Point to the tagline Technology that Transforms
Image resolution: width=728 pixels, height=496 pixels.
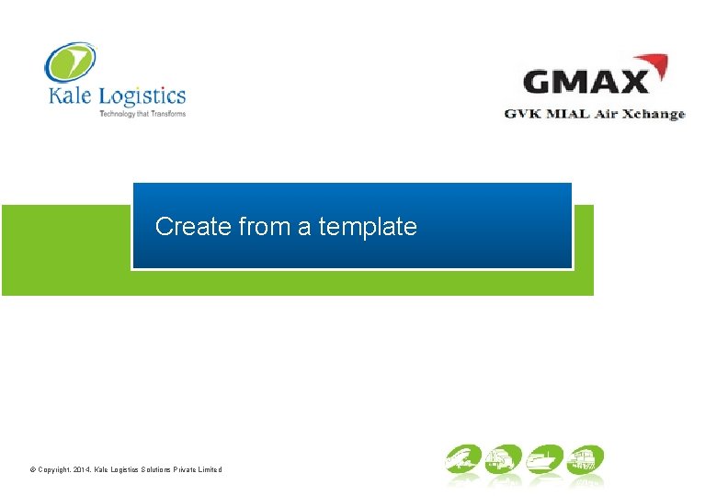pyautogui.click(x=142, y=114)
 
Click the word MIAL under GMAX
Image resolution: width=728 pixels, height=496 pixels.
pyautogui.click(x=568, y=114)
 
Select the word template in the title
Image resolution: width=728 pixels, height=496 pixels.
pyautogui.click(x=368, y=226)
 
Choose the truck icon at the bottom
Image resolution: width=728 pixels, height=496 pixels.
pyautogui.click(x=503, y=459)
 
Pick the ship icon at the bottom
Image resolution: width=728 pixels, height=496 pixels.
pyautogui.click(x=543, y=459)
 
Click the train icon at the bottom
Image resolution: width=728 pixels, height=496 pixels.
pyautogui.click(x=585, y=459)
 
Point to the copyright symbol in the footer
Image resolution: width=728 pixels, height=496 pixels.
pyautogui.click(x=32, y=469)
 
